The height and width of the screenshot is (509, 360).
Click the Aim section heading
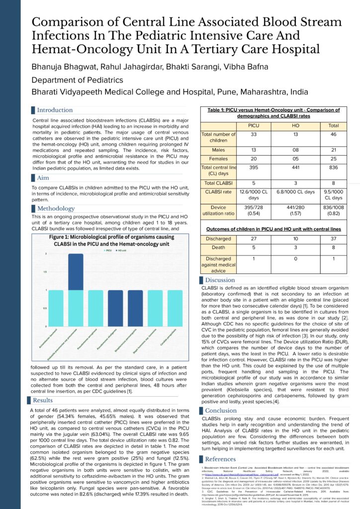click(x=43, y=177)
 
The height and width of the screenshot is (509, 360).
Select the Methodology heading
click(x=56, y=208)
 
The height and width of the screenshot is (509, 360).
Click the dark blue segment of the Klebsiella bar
click(x=76, y=272)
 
